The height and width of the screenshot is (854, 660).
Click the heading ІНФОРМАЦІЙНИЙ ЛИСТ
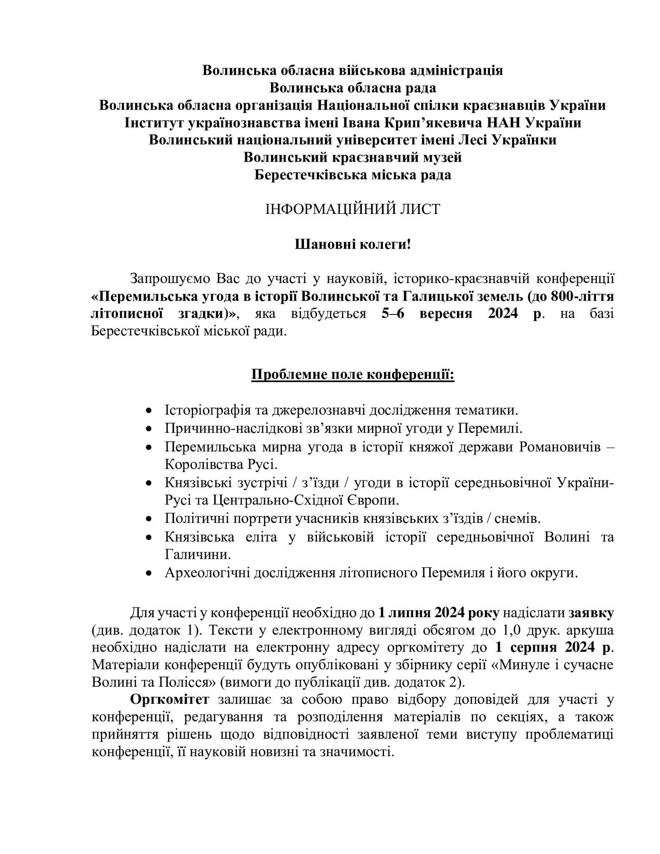(353, 209)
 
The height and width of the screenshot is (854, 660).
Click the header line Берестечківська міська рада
(353, 175)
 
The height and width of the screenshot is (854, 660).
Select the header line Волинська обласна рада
(353, 88)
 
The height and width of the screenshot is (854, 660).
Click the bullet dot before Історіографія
(149, 411)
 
